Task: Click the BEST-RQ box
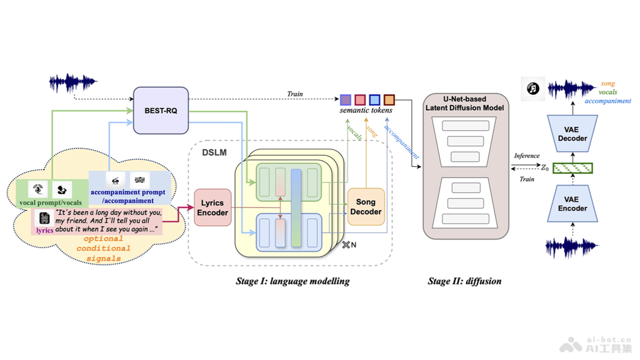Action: [x=161, y=110]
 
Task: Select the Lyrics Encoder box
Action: [x=213, y=207]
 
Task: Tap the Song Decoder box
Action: [x=366, y=207]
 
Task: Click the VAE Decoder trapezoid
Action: [x=572, y=134]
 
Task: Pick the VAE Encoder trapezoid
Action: [x=572, y=204]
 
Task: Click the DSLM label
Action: [x=214, y=153]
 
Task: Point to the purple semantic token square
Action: [x=346, y=100]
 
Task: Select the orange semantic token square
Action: [x=389, y=100]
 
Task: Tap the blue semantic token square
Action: [x=374, y=100]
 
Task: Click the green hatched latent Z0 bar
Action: [x=573, y=169]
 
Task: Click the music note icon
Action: [x=533, y=89]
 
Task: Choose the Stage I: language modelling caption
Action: [x=292, y=281]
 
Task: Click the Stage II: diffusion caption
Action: [x=465, y=281]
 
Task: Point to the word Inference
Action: [x=526, y=156]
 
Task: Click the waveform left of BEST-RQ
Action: [x=73, y=83]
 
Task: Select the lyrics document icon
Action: [x=44, y=218]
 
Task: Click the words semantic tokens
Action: [x=366, y=110]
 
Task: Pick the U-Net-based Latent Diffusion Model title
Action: [x=465, y=103]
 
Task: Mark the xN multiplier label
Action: [x=349, y=245]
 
